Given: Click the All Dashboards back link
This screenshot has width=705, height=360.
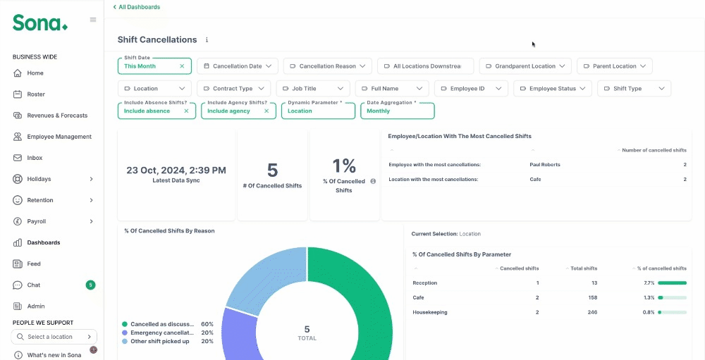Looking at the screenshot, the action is coord(136,7).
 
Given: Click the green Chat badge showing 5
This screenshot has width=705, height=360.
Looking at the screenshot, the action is coord(91,285).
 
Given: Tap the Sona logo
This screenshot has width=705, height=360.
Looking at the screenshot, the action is coord(40,23).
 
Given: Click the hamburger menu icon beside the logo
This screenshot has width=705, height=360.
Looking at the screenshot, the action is coord(93,20).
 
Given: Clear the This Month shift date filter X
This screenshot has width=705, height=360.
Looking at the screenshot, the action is coord(182,66).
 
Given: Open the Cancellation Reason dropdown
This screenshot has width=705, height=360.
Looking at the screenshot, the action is coord(327,66).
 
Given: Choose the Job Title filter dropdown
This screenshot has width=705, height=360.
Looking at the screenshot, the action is coord(313,89).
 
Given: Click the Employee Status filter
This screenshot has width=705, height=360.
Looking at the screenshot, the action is coord(552,89).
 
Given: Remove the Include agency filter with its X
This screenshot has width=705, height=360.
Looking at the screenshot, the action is coord(266,111).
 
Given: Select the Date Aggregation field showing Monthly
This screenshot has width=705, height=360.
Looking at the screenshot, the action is coord(398,111).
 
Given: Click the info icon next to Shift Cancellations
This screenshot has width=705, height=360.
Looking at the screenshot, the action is coord(207,39).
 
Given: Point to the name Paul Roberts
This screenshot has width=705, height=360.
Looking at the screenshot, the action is coord(545,164).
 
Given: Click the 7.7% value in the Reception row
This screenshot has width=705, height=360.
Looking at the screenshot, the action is coord(649,283).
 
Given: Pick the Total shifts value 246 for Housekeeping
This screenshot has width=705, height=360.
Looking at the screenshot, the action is coord(592,312).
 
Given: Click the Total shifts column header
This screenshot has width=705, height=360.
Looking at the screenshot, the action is coord(584,268).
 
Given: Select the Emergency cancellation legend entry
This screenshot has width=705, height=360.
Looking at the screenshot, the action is coord(162,333).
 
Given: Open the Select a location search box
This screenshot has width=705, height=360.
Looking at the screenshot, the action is coord(54,337).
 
